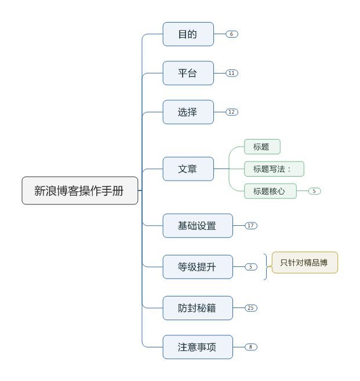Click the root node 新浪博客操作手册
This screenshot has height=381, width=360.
click(80, 190)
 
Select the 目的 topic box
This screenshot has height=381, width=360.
click(188, 34)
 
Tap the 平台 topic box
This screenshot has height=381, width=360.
click(188, 73)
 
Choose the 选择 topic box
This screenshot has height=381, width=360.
click(188, 112)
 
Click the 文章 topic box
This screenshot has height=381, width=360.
click(188, 169)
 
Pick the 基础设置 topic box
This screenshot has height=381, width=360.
click(197, 225)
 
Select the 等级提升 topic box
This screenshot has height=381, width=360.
click(197, 267)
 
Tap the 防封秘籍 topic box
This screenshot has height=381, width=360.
click(197, 308)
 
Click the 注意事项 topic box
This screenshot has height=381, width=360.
click(197, 347)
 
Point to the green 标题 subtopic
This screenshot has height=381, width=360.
click(262, 147)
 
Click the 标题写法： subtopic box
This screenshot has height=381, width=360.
click(274, 169)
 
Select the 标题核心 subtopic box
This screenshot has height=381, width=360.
click(270, 191)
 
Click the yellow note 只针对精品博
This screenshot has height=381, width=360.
click(304, 262)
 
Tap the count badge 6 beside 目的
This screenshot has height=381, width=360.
click(231, 34)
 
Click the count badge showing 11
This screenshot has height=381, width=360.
click(231, 73)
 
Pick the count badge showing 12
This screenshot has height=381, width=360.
click(231, 112)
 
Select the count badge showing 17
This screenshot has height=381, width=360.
click(250, 225)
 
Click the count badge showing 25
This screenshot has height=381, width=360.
click(250, 308)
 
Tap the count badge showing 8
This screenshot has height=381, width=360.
click(250, 347)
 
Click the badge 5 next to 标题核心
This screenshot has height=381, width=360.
click(314, 191)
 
